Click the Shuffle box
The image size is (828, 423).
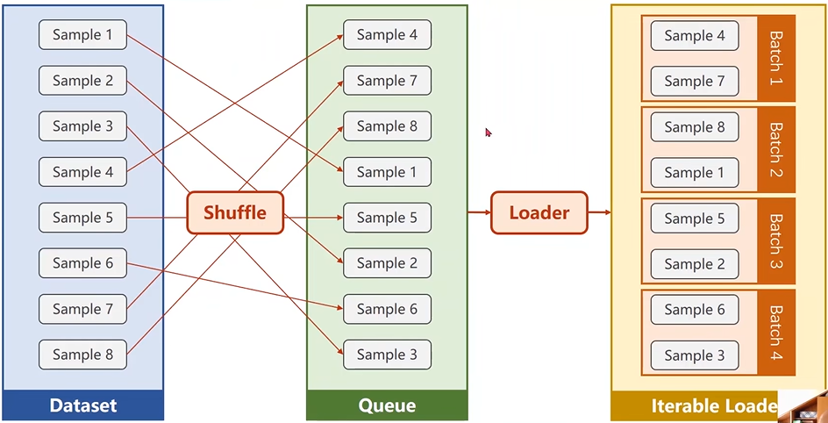(235, 213)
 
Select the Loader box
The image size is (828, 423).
(539, 213)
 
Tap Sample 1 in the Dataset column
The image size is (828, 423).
(83, 35)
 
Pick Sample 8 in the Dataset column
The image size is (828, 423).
(83, 355)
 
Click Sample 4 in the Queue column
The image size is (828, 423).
(387, 35)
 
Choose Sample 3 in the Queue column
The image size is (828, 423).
(387, 355)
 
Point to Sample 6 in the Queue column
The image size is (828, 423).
(387, 309)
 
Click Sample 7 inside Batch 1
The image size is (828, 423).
(695, 82)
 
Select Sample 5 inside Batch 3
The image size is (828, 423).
(695, 219)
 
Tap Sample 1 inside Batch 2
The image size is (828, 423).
(695, 173)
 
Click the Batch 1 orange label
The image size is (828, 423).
(776, 58)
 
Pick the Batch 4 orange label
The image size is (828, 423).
(776, 332)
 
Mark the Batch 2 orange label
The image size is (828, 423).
(776, 149)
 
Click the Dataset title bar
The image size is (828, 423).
(83, 405)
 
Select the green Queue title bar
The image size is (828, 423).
(387, 405)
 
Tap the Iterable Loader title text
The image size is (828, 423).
(714, 406)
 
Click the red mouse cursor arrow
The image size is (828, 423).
(488, 132)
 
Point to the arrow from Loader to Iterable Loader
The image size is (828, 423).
(599, 212)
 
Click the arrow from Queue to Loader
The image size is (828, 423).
(480, 212)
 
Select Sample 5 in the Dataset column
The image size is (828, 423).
(83, 218)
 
